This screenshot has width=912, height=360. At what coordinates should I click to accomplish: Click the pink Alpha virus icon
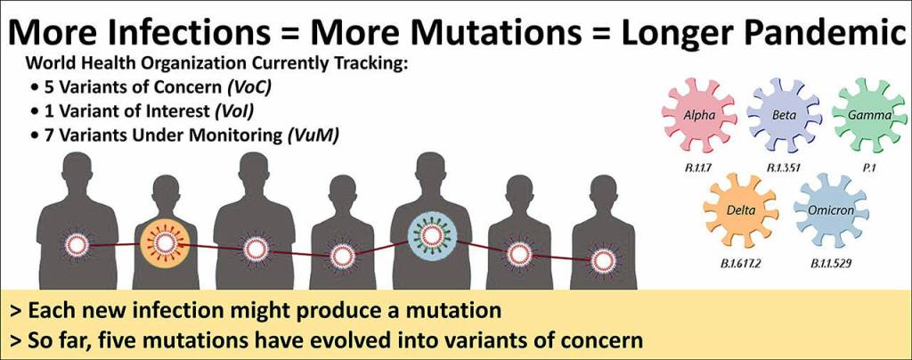click(x=699, y=116)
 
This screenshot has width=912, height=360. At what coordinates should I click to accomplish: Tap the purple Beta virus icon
click(x=784, y=116)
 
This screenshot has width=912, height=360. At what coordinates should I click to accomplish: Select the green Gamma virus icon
click(x=869, y=116)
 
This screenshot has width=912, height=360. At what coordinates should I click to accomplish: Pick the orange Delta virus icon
click(x=741, y=210)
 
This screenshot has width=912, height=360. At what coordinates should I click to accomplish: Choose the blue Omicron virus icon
click(x=831, y=210)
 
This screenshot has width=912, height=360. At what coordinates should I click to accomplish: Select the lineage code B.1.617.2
click(x=741, y=265)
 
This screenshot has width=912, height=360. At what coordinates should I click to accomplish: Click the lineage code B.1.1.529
click(x=831, y=265)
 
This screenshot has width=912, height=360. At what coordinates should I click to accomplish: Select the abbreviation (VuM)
click(x=313, y=136)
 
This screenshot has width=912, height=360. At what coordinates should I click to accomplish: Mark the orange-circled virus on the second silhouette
click(x=165, y=243)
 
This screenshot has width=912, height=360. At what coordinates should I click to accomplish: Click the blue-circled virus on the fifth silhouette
click(x=432, y=235)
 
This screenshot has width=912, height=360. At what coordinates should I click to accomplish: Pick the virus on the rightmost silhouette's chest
click(x=603, y=261)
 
